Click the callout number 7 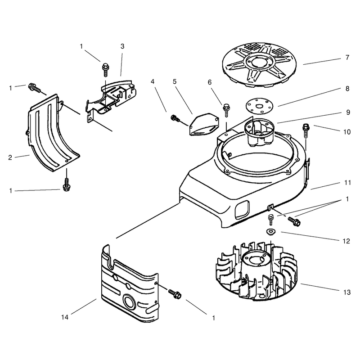click(x=347, y=58)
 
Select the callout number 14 click(x=65, y=317)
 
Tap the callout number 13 click(x=347, y=292)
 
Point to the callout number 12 click(x=346, y=241)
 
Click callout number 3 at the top click(x=122, y=46)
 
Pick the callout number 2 click(x=10, y=157)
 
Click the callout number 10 click(x=347, y=132)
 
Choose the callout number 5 click(x=175, y=81)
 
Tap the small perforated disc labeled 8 click(x=260, y=106)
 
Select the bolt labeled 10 click(x=306, y=130)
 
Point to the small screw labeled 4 click(x=175, y=118)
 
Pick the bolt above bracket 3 click(x=105, y=69)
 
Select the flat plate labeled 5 click(x=204, y=124)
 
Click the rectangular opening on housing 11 click(x=242, y=209)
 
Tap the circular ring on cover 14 click(x=130, y=301)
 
